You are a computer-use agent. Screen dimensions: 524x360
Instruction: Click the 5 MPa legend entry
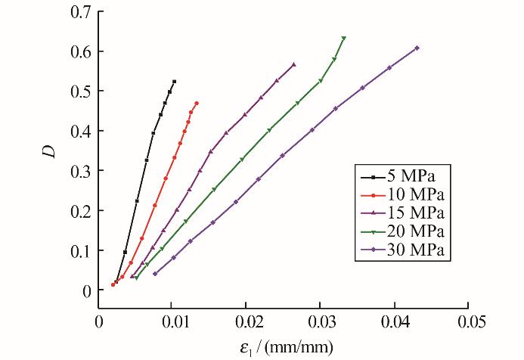[398, 176]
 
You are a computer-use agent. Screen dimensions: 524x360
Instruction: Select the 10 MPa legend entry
[403, 195]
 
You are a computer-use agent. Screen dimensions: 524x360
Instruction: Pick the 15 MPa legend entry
[403, 213]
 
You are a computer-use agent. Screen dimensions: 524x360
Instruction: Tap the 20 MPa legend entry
[403, 231]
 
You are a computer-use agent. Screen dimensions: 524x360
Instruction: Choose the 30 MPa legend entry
[403, 250]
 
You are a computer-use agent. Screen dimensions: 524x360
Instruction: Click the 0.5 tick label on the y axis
[81, 92]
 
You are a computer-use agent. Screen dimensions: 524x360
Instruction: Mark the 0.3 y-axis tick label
[81, 171]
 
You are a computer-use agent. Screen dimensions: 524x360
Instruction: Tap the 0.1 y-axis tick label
[81, 250]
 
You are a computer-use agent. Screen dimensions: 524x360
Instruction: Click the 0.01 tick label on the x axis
[172, 322]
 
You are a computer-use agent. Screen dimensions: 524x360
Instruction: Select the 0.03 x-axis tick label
[320, 322]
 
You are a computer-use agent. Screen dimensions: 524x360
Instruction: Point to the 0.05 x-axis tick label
[469, 322]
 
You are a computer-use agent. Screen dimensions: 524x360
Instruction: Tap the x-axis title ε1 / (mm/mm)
[287, 348]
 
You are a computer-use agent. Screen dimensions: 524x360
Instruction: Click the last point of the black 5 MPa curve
[174, 82]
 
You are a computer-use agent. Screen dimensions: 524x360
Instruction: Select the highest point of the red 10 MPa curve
[197, 104]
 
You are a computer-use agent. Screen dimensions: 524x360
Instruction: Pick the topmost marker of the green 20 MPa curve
[344, 39]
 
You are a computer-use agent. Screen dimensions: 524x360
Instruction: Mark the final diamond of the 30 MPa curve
[417, 48]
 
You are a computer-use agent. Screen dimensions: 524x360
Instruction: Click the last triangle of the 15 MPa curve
[293, 64]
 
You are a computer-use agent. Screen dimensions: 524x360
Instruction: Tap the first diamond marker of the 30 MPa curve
[155, 274]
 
